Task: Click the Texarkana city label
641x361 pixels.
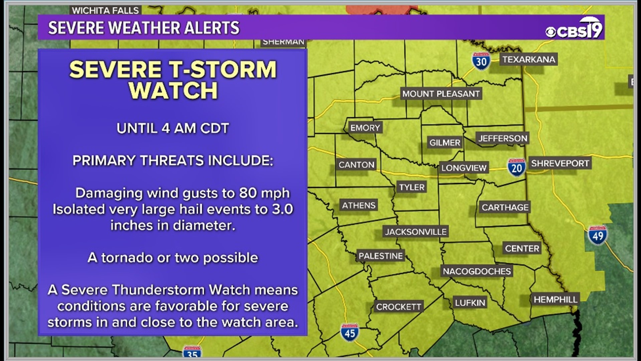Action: pyautogui.click(x=528, y=59)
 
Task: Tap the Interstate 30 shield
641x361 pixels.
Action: pyautogui.click(x=481, y=61)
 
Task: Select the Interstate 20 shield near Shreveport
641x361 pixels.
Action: pyautogui.click(x=516, y=167)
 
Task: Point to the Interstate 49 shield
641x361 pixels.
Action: pyautogui.click(x=597, y=235)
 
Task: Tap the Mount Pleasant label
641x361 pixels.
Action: pyautogui.click(x=441, y=94)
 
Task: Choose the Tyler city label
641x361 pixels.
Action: pyautogui.click(x=412, y=187)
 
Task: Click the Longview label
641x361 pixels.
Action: pyautogui.click(x=464, y=168)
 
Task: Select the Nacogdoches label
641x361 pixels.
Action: pyautogui.click(x=476, y=271)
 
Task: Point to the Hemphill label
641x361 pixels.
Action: pyautogui.click(x=555, y=299)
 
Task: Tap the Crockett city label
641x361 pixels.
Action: pyautogui.click(x=398, y=307)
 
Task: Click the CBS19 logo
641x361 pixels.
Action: pyautogui.click(x=574, y=29)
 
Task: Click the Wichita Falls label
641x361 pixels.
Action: pyautogui.click(x=105, y=10)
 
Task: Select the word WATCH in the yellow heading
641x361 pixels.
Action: pyautogui.click(x=173, y=91)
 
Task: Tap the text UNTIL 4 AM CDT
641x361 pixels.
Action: pyautogui.click(x=173, y=128)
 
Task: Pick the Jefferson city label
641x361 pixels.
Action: pyautogui.click(x=502, y=138)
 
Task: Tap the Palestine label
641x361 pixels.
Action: pyautogui.click(x=381, y=256)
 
